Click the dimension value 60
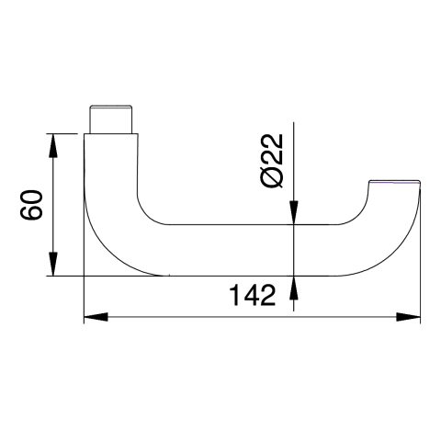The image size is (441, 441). pyautogui.click(x=31, y=205)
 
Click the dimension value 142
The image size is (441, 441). pyautogui.click(x=253, y=295)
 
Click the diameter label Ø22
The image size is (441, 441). pyautogui.click(x=271, y=161)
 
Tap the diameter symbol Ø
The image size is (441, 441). pyautogui.click(x=271, y=178)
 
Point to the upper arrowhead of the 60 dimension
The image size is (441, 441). pyautogui.click(x=53, y=146)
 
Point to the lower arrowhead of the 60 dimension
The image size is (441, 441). pyautogui.click(x=53, y=264)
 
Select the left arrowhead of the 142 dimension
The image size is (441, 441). pyautogui.click(x=96, y=317)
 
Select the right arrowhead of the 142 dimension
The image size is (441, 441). pyautogui.click(x=408, y=317)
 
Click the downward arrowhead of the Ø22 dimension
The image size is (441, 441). pyautogui.click(x=294, y=212)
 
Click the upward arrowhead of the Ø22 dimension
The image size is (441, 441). pyautogui.click(x=294, y=288)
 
